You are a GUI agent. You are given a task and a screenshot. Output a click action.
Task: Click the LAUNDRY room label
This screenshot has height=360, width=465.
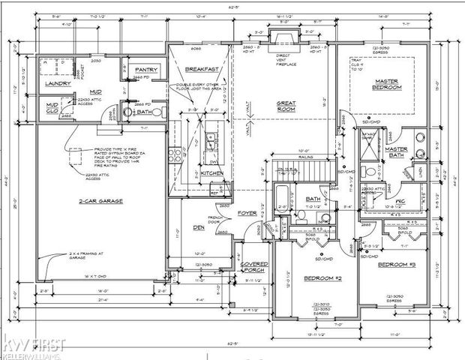(59, 84)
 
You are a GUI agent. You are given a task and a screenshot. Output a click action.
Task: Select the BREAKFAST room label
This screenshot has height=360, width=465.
(201, 69)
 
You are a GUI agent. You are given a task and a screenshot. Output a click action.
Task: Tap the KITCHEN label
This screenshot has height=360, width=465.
(212, 173)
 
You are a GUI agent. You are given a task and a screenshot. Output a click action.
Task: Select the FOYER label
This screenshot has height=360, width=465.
(247, 213)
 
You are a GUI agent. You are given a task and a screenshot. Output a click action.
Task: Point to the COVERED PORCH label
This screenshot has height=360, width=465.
(254, 268)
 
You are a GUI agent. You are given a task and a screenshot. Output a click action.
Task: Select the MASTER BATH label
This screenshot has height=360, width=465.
(396, 152)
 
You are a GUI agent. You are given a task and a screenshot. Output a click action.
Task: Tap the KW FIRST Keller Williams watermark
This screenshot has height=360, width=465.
(33, 346)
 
